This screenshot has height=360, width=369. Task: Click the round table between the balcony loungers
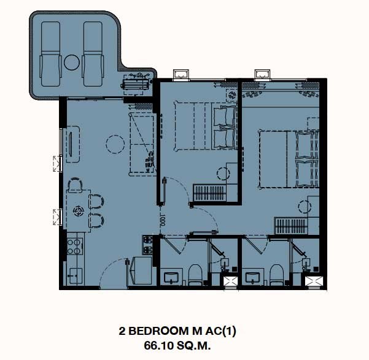click(72, 63)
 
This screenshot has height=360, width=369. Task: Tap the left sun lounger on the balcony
click(50, 54)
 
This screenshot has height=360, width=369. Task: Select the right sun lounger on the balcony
click(93, 54)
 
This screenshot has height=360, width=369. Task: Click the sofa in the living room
click(142, 144)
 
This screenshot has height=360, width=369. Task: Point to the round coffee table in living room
click(115, 144)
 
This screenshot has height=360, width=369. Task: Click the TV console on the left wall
click(72, 144)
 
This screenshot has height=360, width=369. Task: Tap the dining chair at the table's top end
click(75, 185)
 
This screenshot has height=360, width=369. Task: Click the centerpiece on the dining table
click(79, 211)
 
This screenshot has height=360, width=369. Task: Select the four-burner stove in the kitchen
click(75, 247)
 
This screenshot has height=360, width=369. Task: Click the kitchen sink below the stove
click(76, 276)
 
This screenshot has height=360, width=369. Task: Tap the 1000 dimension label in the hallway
click(163, 220)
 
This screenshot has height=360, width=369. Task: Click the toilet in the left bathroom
click(195, 275)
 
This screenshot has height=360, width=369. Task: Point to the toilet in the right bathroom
click(276, 275)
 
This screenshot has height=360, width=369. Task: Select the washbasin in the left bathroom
click(172, 277)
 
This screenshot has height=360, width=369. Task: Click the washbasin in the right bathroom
click(253, 277)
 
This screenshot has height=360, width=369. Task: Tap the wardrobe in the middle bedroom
click(210, 193)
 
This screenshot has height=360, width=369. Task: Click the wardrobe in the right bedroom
click(292, 226)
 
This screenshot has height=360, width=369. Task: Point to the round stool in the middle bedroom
click(223, 174)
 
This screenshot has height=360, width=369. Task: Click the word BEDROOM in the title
click(159, 331)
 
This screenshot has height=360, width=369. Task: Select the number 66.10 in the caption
click(158, 345)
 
